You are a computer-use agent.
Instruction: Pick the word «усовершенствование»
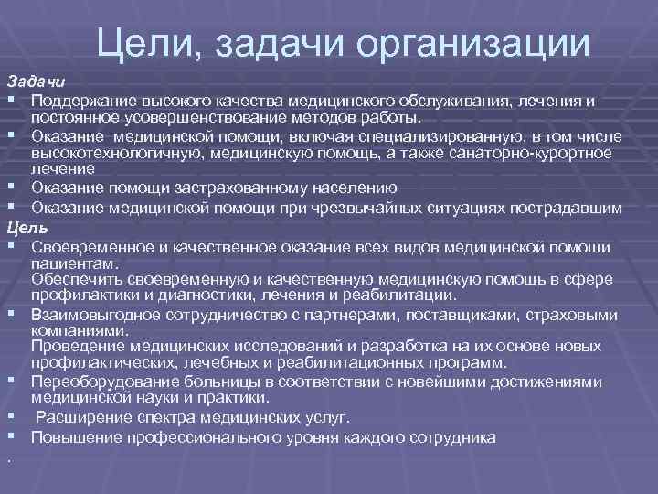[x=186, y=116]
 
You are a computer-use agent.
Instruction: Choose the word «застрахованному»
[x=234, y=188]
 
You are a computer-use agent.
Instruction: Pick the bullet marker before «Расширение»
[x=10, y=418]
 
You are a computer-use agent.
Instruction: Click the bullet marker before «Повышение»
[x=10, y=437]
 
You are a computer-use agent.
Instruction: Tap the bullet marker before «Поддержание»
[x=10, y=98]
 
